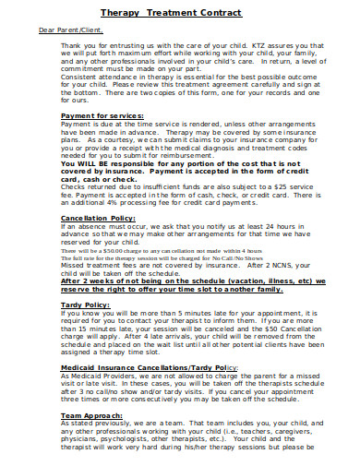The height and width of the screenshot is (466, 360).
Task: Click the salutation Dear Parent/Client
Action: click(x=68, y=30)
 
